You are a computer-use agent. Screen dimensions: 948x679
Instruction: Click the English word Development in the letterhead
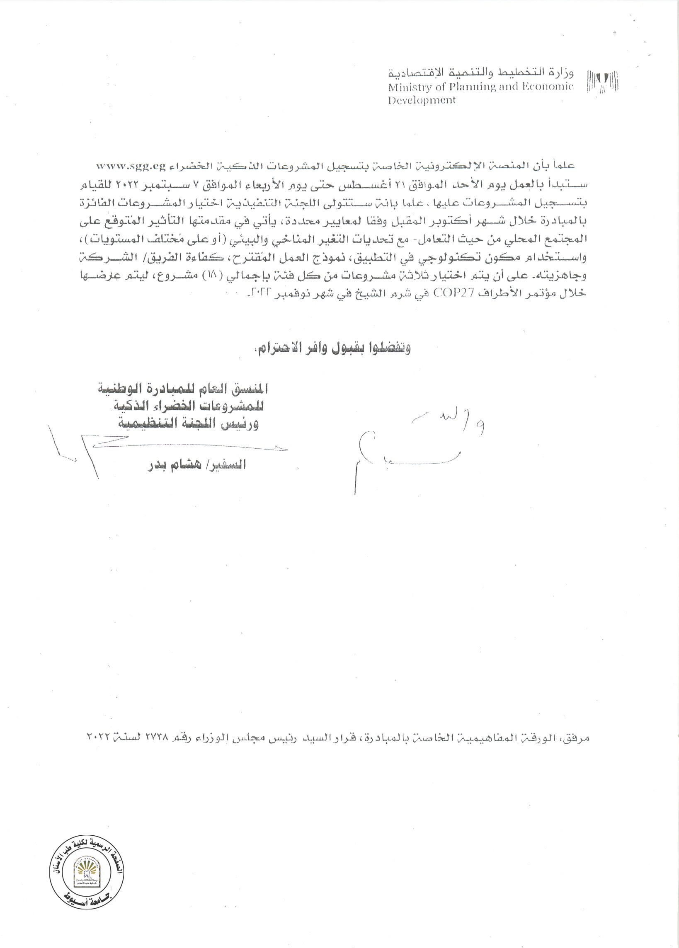point(422,100)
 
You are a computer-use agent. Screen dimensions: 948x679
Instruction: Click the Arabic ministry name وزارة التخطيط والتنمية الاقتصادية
point(481,73)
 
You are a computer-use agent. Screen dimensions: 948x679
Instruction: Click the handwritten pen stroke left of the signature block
point(84,451)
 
